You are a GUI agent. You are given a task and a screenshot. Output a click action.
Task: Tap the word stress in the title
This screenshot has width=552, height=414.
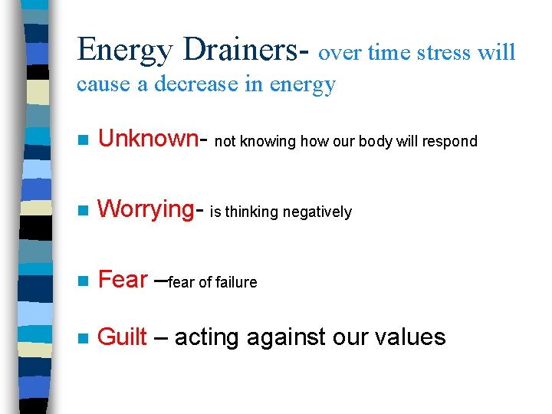click(445, 52)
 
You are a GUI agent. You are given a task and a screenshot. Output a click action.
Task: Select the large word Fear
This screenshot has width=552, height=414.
click(123, 280)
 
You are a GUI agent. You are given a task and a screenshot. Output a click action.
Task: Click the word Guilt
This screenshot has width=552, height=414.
click(123, 337)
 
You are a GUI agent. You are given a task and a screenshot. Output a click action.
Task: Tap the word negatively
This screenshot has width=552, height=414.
click(319, 212)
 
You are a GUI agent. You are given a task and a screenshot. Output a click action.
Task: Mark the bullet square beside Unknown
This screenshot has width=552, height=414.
click(84, 140)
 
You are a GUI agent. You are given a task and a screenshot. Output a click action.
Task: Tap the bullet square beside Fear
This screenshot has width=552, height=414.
click(84, 281)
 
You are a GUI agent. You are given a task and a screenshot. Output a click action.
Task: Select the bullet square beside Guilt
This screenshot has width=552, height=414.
click(84, 338)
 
